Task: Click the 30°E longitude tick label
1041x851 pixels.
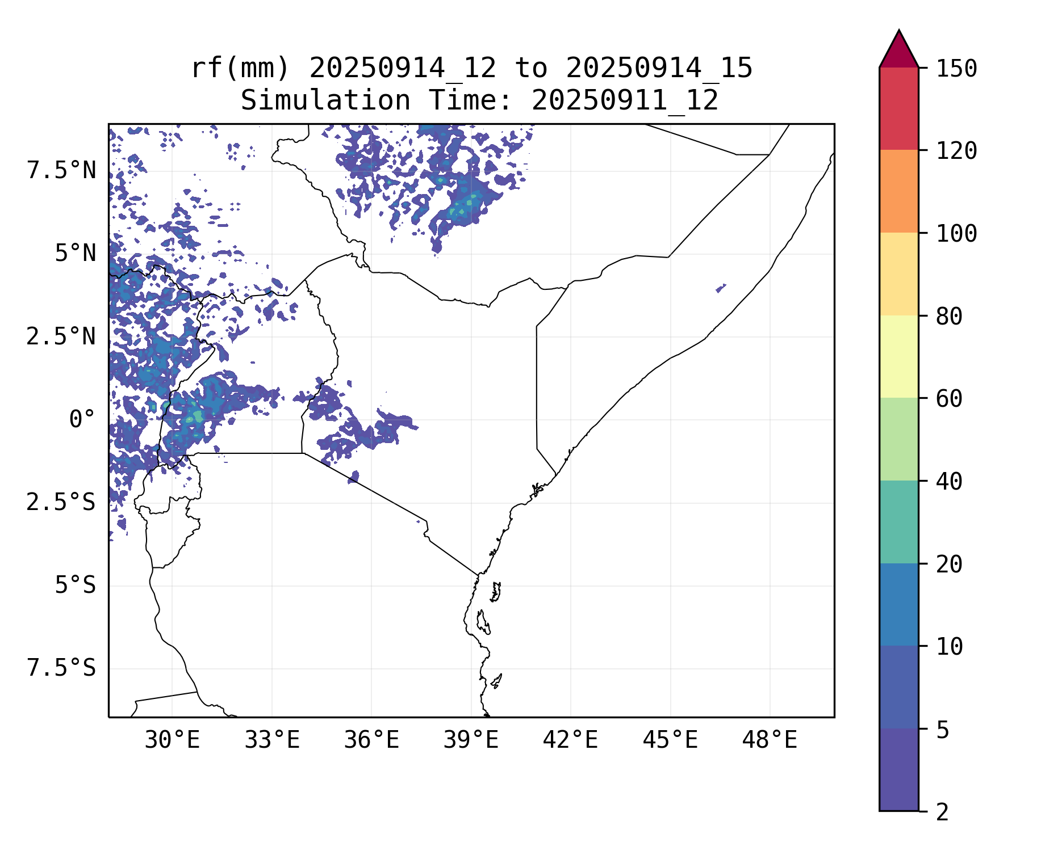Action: (x=172, y=740)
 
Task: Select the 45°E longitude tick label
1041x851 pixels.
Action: (x=670, y=740)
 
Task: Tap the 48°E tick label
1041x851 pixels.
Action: (x=770, y=740)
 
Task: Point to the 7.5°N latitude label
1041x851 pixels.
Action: (x=61, y=171)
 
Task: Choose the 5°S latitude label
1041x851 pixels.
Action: (x=75, y=585)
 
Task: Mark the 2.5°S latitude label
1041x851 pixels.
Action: (x=61, y=503)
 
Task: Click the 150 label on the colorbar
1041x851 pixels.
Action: (x=956, y=69)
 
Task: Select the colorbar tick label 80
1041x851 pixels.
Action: (x=949, y=317)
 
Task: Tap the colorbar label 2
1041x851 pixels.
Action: (x=942, y=812)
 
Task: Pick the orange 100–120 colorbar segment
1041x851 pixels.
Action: (x=898, y=191)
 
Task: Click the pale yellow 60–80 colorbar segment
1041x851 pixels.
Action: (x=898, y=356)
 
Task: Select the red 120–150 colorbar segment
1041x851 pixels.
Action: (x=898, y=108)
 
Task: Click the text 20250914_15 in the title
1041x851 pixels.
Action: (x=659, y=69)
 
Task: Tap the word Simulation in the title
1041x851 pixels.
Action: (x=325, y=101)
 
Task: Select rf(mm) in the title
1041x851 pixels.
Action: (x=240, y=69)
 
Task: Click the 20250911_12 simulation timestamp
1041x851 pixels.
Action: (x=625, y=101)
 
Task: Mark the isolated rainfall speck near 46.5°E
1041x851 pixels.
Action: (x=721, y=288)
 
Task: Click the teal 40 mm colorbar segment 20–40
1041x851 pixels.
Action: (x=898, y=522)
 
